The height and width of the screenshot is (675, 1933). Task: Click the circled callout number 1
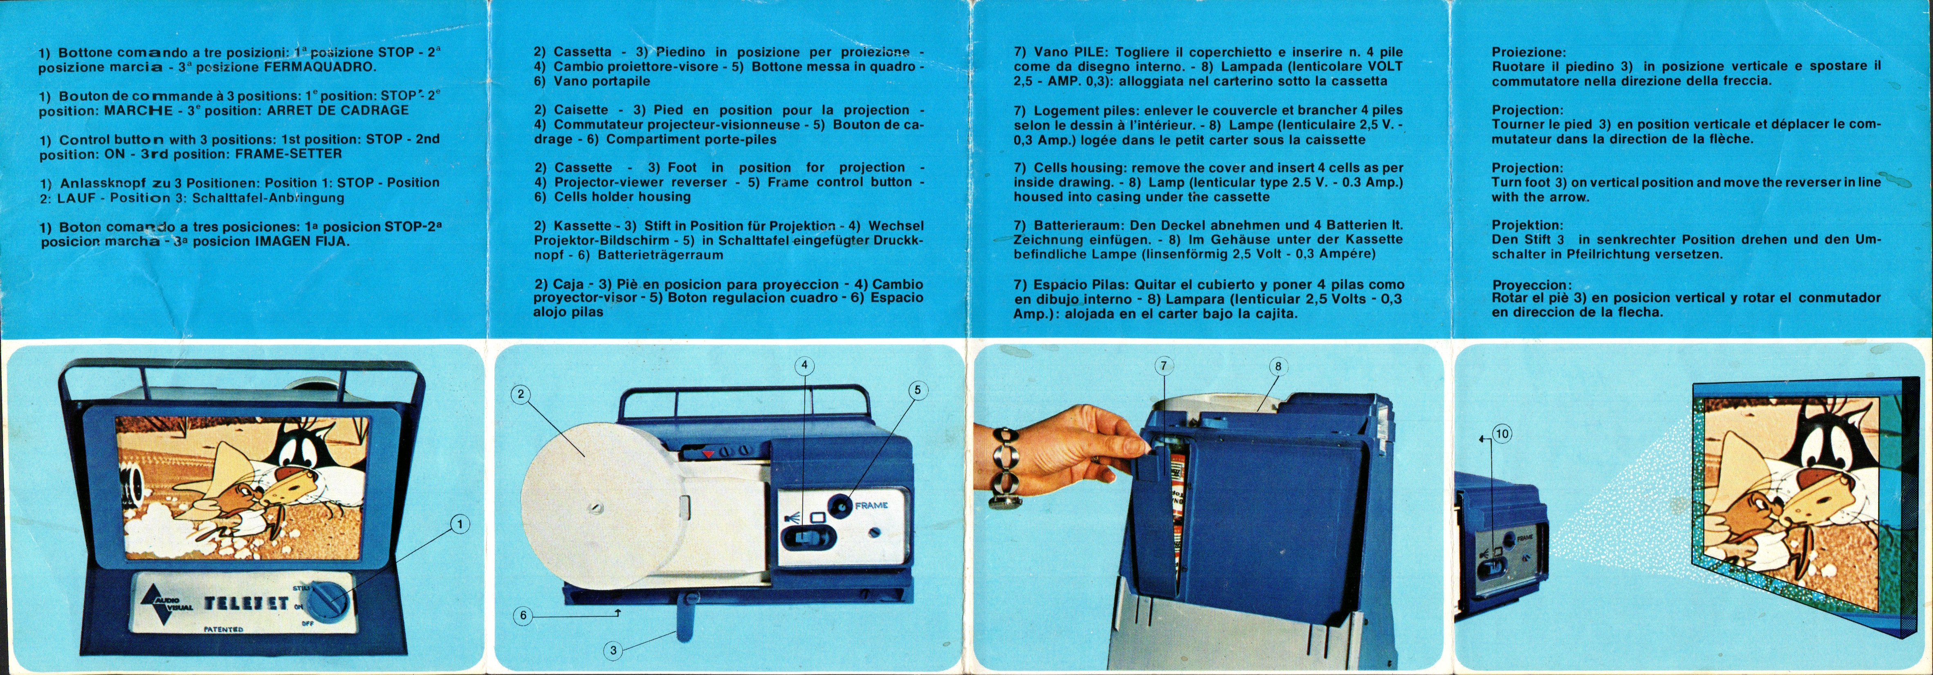[x=460, y=523]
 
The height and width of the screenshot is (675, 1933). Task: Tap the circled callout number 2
[x=521, y=394]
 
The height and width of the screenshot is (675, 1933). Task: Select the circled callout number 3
[x=613, y=650]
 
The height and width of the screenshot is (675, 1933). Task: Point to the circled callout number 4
[x=804, y=366]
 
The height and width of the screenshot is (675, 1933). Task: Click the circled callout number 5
[x=917, y=390]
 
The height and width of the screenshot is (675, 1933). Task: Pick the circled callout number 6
[x=523, y=616]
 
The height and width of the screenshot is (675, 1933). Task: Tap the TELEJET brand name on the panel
[x=246, y=602]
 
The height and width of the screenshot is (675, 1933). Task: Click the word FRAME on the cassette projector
[x=871, y=505]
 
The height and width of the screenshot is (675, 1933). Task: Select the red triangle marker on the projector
[x=707, y=454]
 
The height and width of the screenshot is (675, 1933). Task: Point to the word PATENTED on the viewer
[x=224, y=629]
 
